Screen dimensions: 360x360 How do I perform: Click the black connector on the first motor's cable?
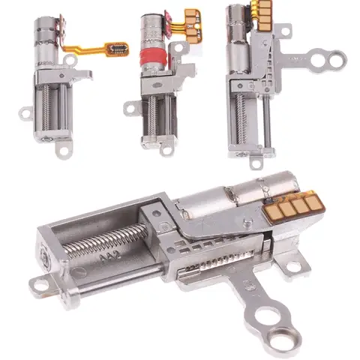click(x=117, y=48)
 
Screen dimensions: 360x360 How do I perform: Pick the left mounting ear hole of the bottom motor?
click(x=39, y=285)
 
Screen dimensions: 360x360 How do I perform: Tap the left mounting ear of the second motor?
click(x=129, y=109)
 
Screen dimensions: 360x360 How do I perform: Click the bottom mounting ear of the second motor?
click(x=166, y=149)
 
